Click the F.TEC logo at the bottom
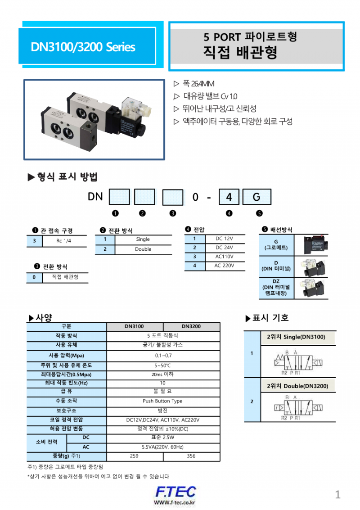click(x=175, y=492)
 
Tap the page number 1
click(x=337, y=495)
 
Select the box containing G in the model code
click(x=256, y=197)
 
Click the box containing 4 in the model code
click(x=229, y=197)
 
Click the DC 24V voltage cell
click(x=224, y=248)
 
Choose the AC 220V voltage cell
click(x=224, y=266)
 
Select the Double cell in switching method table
click(x=143, y=249)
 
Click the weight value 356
click(x=191, y=456)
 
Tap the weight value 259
click(x=134, y=456)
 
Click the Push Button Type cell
click(x=162, y=401)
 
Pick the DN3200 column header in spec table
click(x=191, y=327)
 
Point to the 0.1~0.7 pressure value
click(x=162, y=355)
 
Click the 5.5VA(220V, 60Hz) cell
click(x=162, y=447)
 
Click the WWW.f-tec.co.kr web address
click(x=174, y=502)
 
